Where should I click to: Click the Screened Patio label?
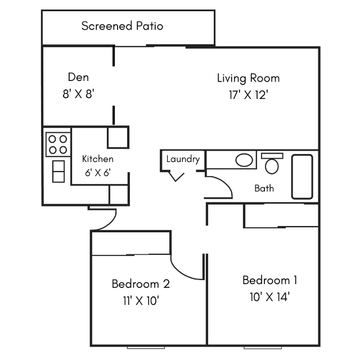coord(122,26)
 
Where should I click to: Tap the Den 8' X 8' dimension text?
coord(79,94)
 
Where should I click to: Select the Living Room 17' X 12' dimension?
coord(249,95)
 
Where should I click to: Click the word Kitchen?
coord(97,159)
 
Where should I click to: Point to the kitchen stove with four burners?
coord(58,145)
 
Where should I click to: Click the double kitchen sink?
coord(58,171)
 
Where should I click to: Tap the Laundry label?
coord(183,159)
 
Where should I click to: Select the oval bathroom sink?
coord(244,160)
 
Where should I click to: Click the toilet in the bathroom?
coord(272,163)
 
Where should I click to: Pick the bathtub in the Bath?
coord(302,177)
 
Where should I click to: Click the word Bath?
coord(264,188)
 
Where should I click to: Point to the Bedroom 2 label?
coord(141,283)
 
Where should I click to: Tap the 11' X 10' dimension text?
coord(141,300)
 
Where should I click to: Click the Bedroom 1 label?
coord(270,280)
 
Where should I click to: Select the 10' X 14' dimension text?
coord(269,297)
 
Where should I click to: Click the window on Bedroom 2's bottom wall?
coord(146,348)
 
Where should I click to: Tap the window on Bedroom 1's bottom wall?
coord(263,348)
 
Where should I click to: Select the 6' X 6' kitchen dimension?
coord(98,173)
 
